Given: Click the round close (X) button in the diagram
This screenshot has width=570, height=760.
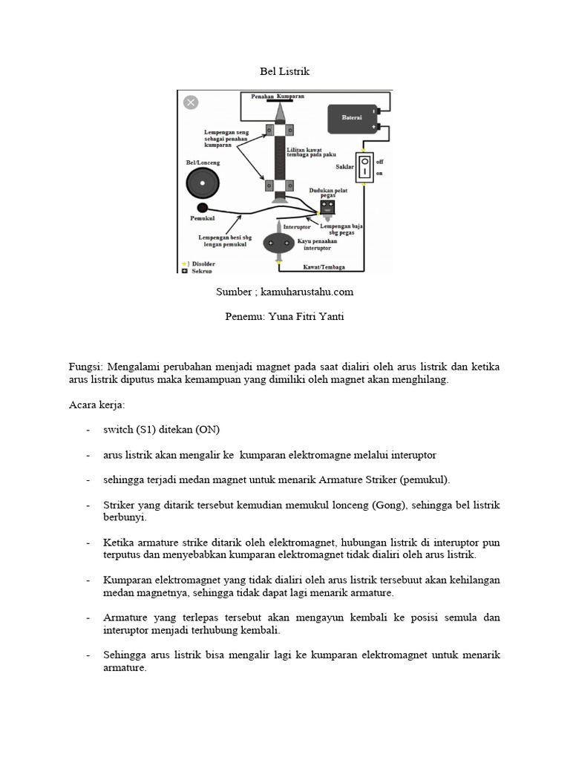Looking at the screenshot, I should click(191, 102).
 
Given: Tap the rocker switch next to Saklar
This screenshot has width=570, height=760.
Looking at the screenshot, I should click(364, 167).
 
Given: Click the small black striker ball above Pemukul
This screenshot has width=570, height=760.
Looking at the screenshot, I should click(202, 208).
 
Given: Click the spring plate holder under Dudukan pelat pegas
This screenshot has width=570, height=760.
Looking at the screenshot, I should click(328, 206).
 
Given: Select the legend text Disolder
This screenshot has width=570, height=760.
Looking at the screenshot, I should click(204, 264).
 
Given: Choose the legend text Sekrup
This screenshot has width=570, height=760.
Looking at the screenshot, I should click(202, 272).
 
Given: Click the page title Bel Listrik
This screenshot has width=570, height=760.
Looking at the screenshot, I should click(284, 72).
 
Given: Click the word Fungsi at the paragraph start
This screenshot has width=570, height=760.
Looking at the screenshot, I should click(84, 367).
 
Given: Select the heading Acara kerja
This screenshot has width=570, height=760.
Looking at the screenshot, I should click(96, 405).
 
